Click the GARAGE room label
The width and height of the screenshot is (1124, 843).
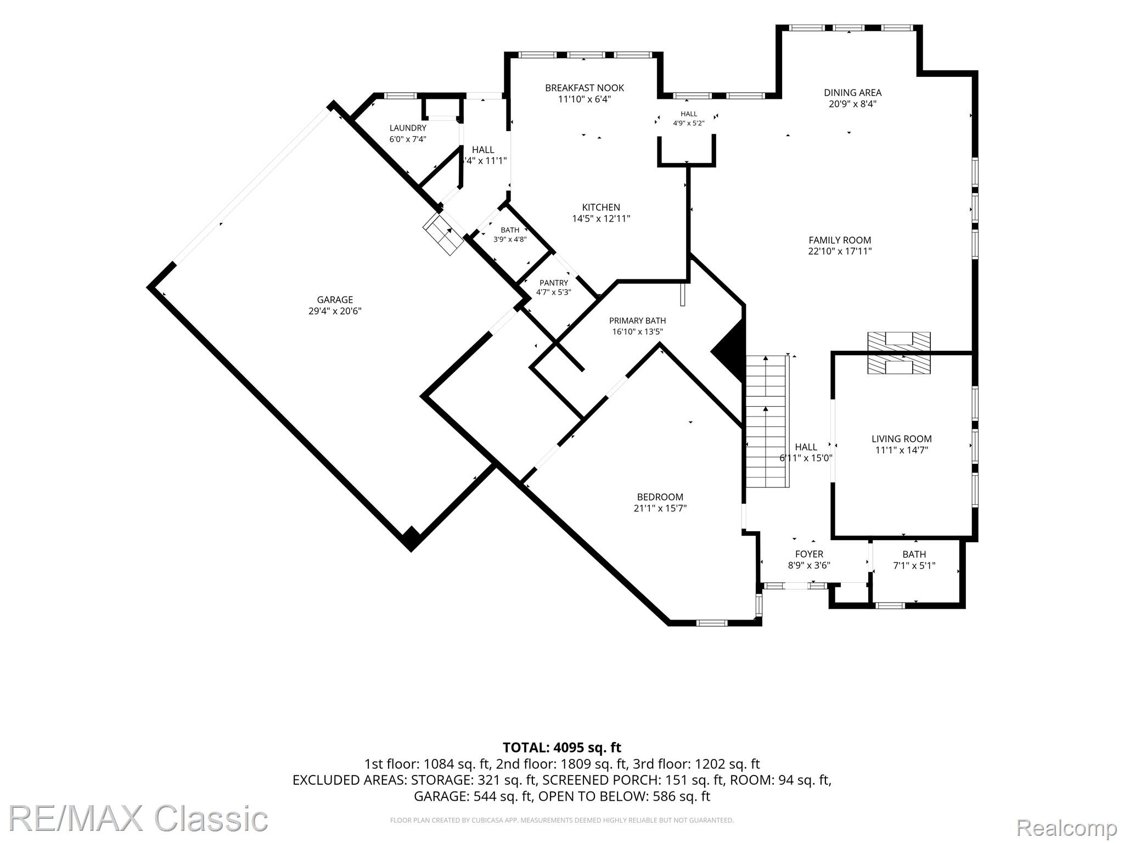[x=335, y=300]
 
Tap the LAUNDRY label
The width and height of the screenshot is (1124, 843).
[x=408, y=128]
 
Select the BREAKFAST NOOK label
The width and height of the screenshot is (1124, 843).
[x=585, y=88]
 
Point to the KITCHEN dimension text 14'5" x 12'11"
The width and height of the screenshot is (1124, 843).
[x=601, y=218]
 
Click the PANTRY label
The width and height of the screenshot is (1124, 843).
[x=554, y=283]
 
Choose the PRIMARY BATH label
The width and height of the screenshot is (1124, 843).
[x=638, y=321]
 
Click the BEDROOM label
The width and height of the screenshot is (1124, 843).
[x=660, y=497]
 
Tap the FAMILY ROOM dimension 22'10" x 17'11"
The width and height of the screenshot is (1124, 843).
[x=840, y=251]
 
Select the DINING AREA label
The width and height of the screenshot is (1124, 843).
[x=853, y=93]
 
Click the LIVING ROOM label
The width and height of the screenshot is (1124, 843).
[x=902, y=439]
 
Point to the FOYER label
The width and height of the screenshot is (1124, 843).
[x=809, y=554]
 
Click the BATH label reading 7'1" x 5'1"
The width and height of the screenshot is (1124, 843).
[x=914, y=560]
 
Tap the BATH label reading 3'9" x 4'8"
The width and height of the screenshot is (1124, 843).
[x=510, y=234]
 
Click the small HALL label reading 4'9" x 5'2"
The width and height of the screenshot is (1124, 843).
[x=689, y=119]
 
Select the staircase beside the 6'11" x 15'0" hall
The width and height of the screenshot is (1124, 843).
[x=767, y=421]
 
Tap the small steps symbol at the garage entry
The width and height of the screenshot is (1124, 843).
[x=443, y=234]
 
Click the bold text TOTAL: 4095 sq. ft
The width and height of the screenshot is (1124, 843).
[x=562, y=748]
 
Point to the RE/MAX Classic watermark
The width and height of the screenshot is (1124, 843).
[x=138, y=818]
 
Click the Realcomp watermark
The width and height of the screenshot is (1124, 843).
[x=1067, y=827]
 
